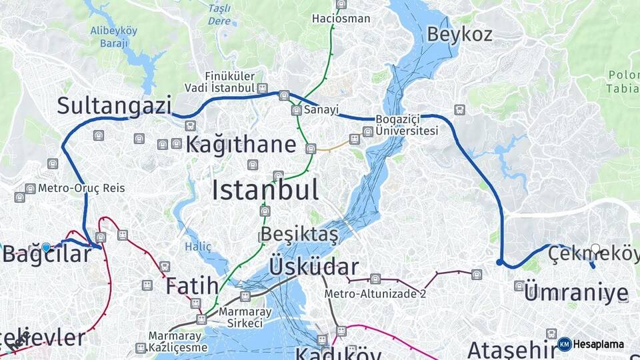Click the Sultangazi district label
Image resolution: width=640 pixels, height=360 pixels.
point(114,105)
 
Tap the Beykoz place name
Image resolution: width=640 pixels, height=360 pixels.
point(459,33)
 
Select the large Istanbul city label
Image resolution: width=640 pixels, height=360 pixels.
point(265,190)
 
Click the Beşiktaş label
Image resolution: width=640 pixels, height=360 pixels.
point(299,235)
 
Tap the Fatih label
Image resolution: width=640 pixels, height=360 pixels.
point(192,286)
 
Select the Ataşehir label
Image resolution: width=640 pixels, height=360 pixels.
point(509,349)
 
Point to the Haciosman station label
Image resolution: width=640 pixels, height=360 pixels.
point(341,19)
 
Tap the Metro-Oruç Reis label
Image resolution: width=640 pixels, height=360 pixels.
point(81,188)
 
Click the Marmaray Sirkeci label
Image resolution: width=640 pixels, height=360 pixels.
point(245,316)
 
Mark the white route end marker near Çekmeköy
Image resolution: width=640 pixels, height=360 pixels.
point(595,249)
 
